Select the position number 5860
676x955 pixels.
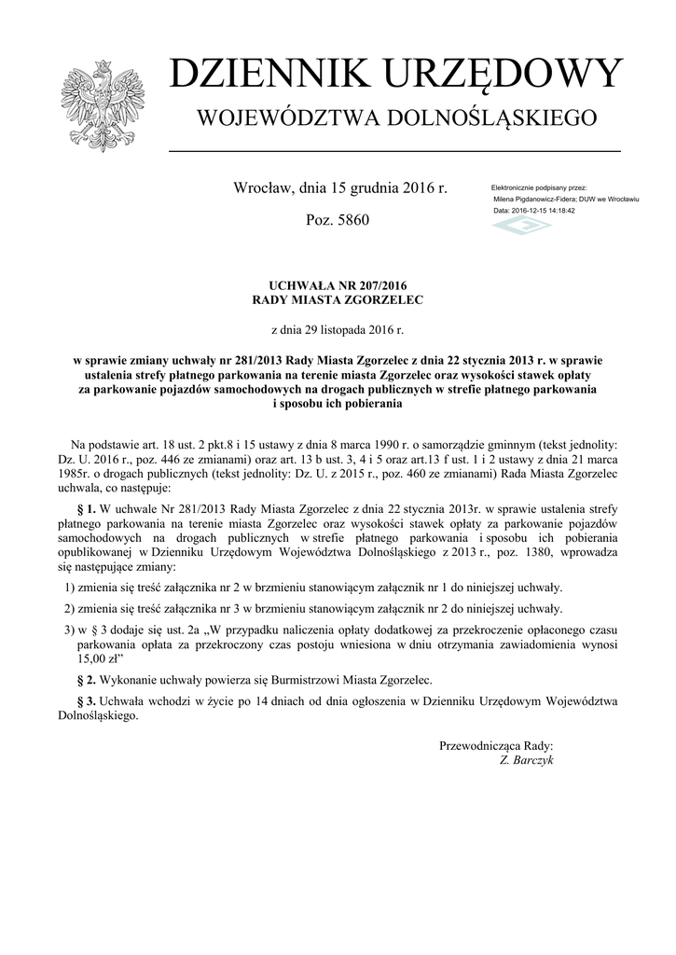tap(351, 221)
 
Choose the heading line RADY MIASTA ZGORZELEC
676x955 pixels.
tap(338, 300)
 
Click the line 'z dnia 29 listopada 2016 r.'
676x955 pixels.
tap(338, 329)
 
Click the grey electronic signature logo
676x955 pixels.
tap(521, 227)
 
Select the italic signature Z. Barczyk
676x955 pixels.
tap(527, 761)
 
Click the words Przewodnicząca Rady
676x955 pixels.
tap(495, 746)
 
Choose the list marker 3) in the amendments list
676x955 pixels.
tap(70, 631)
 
